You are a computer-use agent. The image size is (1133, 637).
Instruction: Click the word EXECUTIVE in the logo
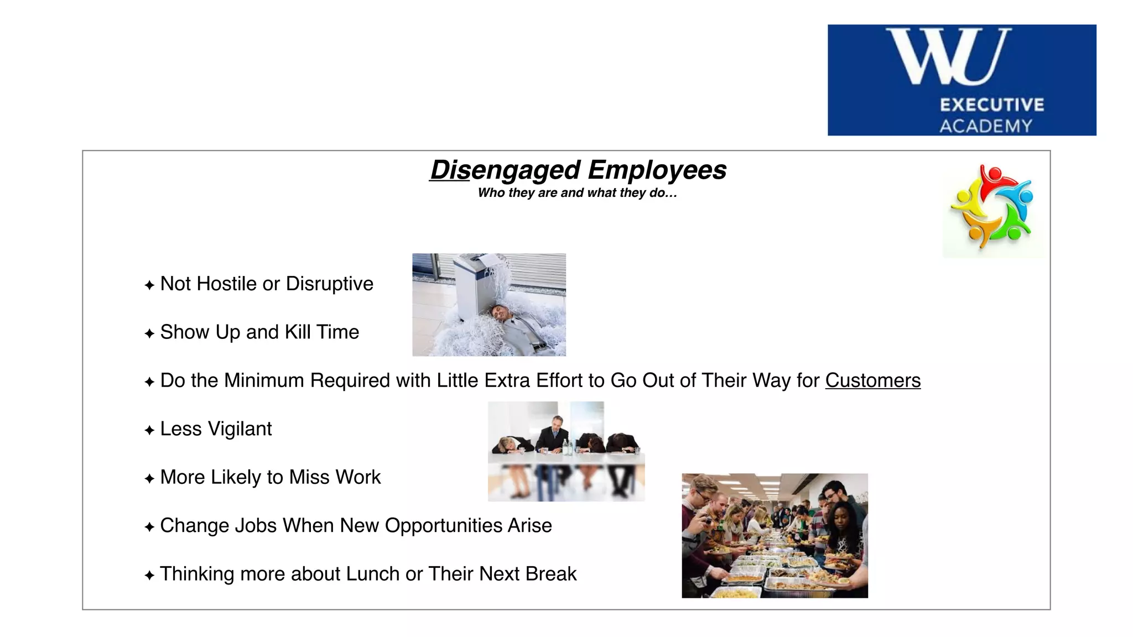point(992,105)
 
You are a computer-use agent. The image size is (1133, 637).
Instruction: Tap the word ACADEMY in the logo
point(986,126)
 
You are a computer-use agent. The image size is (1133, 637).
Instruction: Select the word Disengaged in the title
point(505,170)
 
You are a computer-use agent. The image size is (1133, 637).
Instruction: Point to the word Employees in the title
point(657,170)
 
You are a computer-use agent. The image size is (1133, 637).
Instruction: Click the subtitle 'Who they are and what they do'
point(577,193)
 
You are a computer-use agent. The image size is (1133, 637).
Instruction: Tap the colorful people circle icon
point(992,207)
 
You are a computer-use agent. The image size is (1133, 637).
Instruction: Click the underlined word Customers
point(872,380)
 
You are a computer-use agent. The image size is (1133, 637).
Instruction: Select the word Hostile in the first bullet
point(226,284)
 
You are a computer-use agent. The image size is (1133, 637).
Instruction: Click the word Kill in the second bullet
point(297,332)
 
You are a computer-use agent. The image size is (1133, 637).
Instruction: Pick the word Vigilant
point(240,429)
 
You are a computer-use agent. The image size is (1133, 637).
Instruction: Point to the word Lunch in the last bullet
point(372,574)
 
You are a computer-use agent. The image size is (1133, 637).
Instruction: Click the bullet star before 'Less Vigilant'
point(149,430)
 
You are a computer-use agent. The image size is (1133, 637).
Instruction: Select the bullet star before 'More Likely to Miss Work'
point(149,478)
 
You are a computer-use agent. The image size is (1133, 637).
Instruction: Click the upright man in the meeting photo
point(555,434)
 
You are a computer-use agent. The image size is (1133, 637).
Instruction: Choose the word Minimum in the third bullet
point(264,380)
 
